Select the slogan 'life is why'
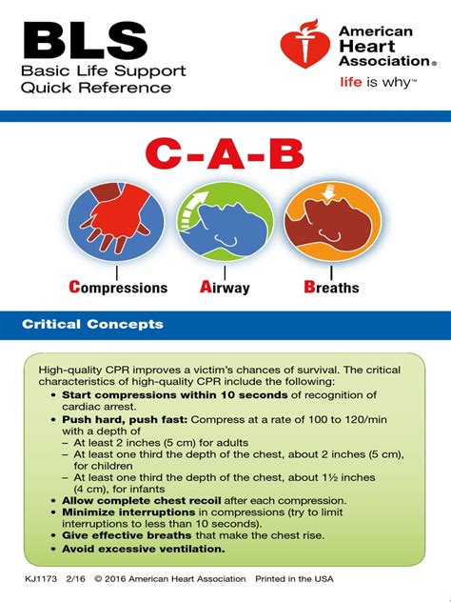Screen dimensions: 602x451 (x=378, y=83)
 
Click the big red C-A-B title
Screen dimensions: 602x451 (x=225, y=157)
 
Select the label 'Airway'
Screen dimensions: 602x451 (x=225, y=288)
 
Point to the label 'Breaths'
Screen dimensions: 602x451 (x=331, y=288)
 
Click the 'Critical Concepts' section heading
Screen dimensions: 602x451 (x=92, y=325)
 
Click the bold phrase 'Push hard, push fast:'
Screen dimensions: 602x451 (x=125, y=419)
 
